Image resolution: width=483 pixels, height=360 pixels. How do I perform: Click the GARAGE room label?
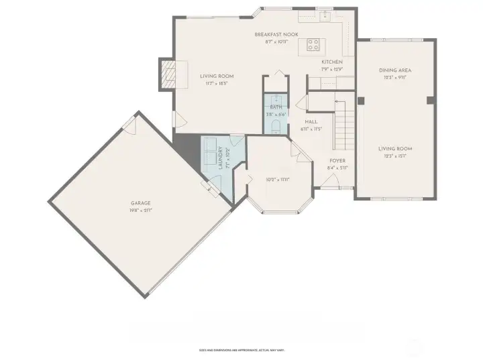pos(140,203)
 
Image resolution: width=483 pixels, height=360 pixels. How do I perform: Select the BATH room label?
pos(276,107)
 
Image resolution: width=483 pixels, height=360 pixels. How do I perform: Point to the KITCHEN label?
pos(331,62)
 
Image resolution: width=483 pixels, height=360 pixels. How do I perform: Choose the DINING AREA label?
pos(395,70)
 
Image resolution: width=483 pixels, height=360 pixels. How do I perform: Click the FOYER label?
pos(337,161)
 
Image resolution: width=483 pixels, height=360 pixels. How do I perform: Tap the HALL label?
pos(311,121)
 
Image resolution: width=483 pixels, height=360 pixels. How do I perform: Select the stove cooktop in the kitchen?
pos(313,44)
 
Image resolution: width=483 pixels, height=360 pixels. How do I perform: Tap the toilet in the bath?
pos(276,127)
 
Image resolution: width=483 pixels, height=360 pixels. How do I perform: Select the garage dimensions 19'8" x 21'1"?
pos(140,211)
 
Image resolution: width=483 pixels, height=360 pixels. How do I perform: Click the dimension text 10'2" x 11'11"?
pos(277,179)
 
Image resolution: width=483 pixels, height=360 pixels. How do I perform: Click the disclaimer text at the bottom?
pos(241,350)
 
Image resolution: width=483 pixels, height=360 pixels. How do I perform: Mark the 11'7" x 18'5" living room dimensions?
pos(216,84)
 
